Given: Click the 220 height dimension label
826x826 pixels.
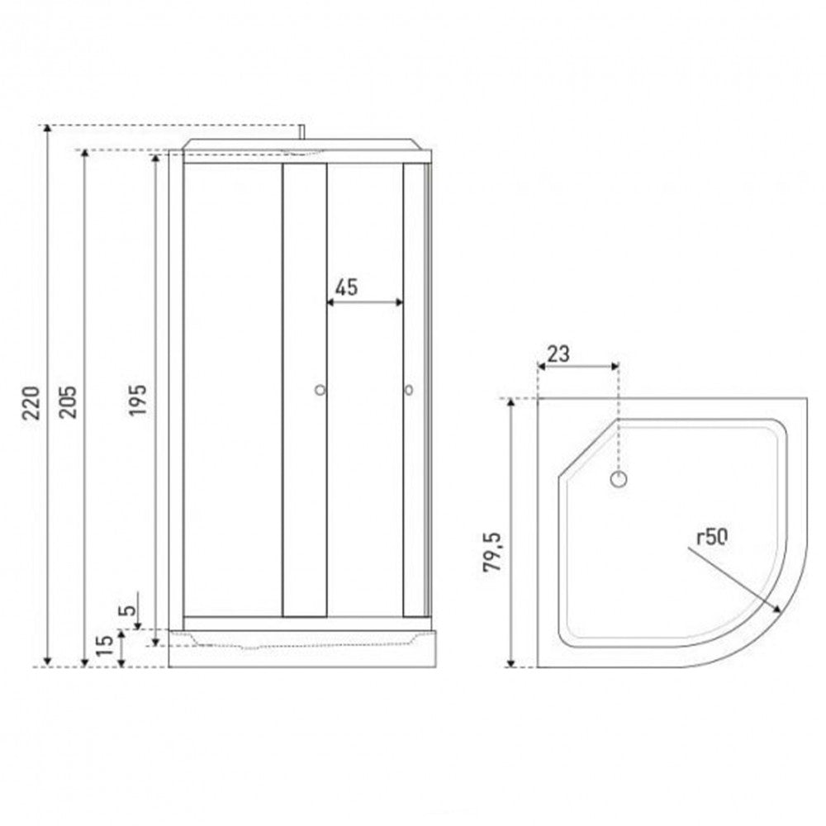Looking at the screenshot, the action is click(31, 402).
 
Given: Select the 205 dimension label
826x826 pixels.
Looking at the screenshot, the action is click(68, 402).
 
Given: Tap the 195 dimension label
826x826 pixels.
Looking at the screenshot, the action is click(138, 400).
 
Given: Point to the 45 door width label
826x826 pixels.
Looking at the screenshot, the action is click(346, 287).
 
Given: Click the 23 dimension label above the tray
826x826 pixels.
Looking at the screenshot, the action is click(558, 354).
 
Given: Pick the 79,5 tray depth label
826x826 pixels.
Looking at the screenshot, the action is click(492, 552).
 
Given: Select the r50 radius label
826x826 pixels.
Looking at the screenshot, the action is click(712, 537).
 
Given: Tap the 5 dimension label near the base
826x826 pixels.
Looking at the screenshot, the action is click(127, 610).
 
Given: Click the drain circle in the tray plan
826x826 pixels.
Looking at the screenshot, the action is click(619, 479).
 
